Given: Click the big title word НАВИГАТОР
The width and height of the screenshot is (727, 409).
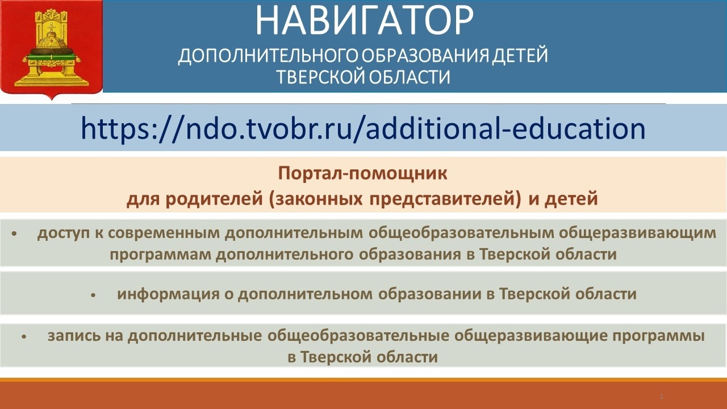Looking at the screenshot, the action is (x=364, y=20).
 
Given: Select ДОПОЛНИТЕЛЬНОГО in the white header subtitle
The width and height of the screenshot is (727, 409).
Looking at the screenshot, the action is (x=269, y=56).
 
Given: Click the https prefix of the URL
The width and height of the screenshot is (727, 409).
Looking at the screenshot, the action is (x=119, y=130).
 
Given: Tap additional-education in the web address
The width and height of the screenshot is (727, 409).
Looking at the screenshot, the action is (x=505, y=128).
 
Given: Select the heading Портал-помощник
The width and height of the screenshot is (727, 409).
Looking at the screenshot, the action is (x=362, y=174).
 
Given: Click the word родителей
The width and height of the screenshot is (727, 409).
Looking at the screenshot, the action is (x=214, y=199).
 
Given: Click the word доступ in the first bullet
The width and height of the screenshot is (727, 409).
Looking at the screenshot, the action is (x=63, y=233).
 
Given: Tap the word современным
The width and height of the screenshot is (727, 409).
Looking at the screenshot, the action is (x=164, y=233).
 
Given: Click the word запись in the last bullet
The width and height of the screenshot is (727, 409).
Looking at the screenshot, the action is (x=74, y=336).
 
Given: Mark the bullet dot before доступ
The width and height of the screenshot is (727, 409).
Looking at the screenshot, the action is (x=14, y=233).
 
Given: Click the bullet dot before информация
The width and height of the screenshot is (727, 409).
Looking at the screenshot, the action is (x=94, y=295).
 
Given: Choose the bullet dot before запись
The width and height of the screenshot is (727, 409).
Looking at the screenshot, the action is (x=24, y=337).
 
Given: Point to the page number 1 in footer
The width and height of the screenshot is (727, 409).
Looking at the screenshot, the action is (x=662, y=397).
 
